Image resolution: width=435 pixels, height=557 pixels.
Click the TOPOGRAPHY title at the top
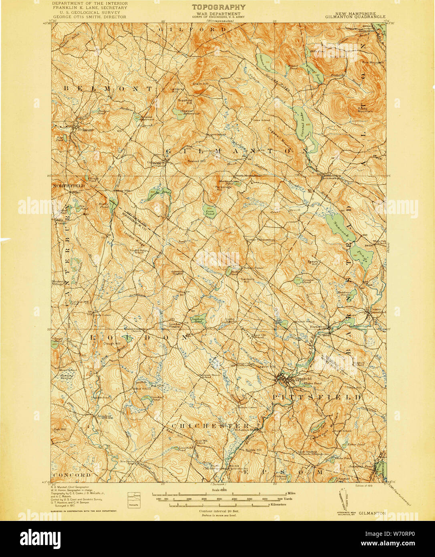[218, 7]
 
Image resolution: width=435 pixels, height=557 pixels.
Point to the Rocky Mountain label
[365, 109]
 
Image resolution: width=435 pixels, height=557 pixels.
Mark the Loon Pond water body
[209, 211]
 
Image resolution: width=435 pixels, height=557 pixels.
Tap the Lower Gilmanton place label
[260, 240]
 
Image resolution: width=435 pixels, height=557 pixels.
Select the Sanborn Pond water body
[197, 319]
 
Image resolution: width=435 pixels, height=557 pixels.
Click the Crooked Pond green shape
[145, 399]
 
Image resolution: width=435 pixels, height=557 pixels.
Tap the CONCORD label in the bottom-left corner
[72, 475]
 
